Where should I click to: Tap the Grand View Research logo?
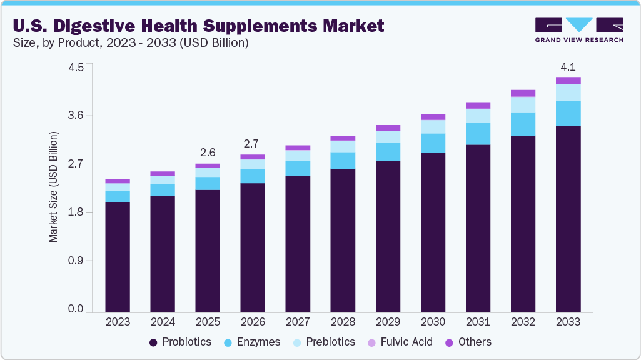(579, 30)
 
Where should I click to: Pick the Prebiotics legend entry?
(324, 342)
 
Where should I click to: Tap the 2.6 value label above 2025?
(208, 152)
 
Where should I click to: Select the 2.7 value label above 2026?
(253, 142)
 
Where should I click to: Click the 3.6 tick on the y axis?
(76, 116)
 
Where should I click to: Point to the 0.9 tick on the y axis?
(76, 261)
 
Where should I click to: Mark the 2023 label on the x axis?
(118, 322)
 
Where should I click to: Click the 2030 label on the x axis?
(433, 322)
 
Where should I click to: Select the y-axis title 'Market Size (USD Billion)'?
(53, 187)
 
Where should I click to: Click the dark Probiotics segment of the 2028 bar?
(343, 241)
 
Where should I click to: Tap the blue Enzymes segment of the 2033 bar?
(568, 113)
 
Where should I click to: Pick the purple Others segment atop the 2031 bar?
(478, 106)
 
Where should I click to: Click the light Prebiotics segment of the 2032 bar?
(523, 104)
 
